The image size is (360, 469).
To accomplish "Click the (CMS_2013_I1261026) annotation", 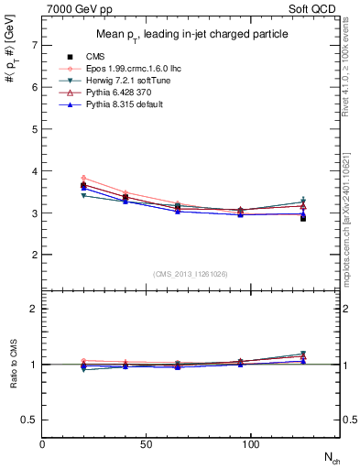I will tap(191, 274).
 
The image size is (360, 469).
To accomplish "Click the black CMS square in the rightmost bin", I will tap(303, 218).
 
